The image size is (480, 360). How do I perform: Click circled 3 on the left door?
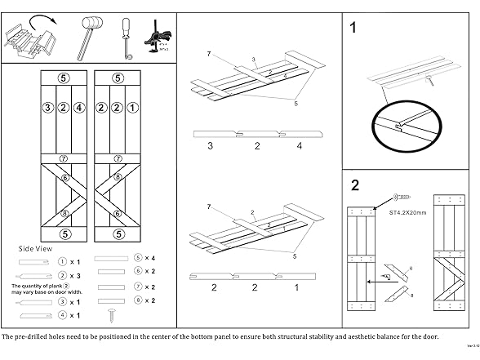[47, 107]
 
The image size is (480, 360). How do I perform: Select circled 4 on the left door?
[78, 107]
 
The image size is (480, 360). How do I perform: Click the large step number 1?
[353, 28]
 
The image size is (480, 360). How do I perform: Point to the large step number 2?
[354, 184]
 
